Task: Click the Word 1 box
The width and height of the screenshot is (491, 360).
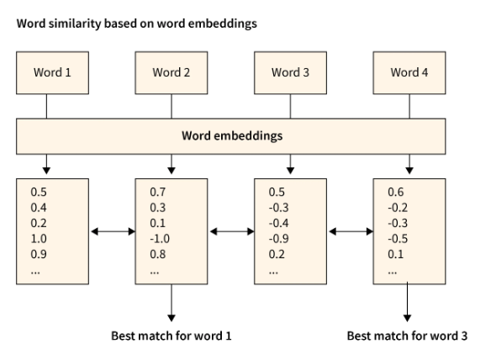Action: (x=52, y=72)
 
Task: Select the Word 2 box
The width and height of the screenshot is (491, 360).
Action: (x=172, y=72)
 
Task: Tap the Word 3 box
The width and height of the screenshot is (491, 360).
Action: (x=290, y=72)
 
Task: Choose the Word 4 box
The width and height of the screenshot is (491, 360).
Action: (x=409, y=72)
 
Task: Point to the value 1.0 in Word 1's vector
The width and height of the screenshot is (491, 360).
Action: (x=39, y=238)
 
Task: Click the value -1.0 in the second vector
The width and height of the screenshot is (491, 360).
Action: (x=160, y=238)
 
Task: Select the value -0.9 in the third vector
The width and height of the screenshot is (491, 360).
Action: (x=279, y=238)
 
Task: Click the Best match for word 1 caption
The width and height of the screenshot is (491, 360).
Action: (x=172, y=336)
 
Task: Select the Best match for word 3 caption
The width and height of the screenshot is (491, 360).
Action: (x=409, y=336)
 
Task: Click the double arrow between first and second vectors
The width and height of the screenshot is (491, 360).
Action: (x=112, y=230)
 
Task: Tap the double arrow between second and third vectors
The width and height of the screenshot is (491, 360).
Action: (x=231, y=230)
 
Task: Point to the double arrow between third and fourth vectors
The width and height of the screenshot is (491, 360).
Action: (x=350, y=230)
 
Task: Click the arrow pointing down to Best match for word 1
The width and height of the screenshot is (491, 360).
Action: (x=172, y=302)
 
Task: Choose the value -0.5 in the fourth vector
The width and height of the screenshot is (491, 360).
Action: (x=398, y=238)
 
